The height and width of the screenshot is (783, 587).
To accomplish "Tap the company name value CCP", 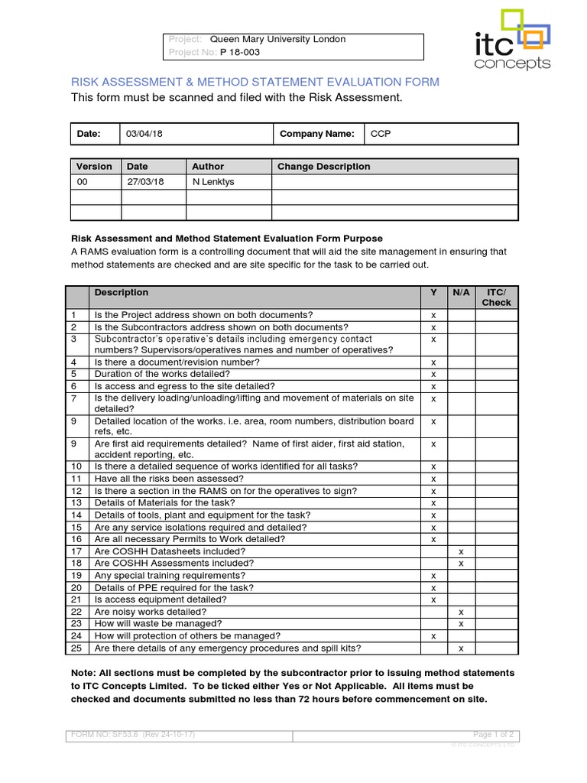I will [381, 134].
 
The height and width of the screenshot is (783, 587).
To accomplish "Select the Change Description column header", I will [323, 167].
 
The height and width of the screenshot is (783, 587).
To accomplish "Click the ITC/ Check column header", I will [496, 297].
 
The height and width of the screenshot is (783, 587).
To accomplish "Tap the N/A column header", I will [461, 293].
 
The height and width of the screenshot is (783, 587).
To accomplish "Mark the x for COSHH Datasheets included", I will [461, 551].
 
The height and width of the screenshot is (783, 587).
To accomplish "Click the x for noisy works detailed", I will [461, 612].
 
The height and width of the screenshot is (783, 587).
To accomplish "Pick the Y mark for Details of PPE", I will [433, 588].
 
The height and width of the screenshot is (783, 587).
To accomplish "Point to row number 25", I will [76, 648].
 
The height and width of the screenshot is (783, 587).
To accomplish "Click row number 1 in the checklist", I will [74, 315].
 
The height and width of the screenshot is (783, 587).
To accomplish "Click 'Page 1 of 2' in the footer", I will [494, 735].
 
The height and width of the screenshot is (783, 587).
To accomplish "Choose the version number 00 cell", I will [83, 182].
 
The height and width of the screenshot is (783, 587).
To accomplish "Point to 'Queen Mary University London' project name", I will [277, 39].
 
